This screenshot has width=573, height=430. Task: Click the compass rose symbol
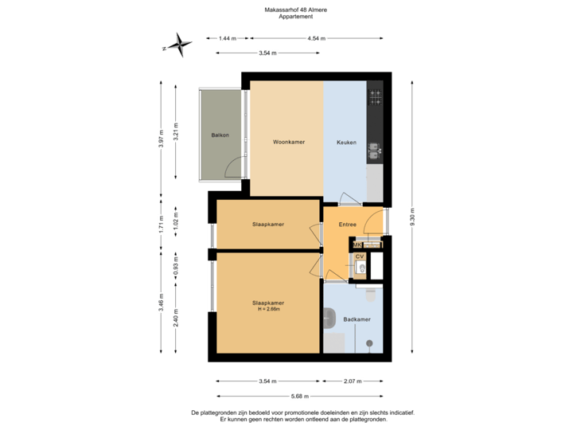182,45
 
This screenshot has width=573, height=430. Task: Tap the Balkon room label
220,135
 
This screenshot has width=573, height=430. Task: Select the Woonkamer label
289,143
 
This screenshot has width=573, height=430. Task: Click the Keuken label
345,143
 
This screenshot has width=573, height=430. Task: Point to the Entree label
347,225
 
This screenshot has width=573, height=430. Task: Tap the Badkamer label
356,319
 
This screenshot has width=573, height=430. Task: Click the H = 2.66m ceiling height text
268,309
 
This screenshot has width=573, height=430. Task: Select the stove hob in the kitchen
375,99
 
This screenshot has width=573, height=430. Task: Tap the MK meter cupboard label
357,244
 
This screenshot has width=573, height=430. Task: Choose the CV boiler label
360,256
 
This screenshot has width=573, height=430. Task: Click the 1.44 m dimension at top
228,38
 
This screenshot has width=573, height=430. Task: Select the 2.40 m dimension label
177,318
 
